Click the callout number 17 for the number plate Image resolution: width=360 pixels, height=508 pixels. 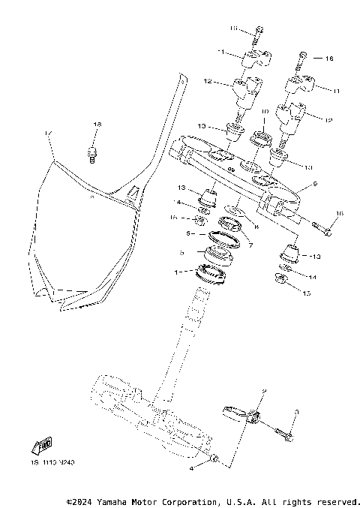tap(48, 134)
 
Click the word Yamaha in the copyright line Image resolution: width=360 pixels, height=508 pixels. tap(106, 500)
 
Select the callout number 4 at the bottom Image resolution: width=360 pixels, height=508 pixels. tap(191, 467)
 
